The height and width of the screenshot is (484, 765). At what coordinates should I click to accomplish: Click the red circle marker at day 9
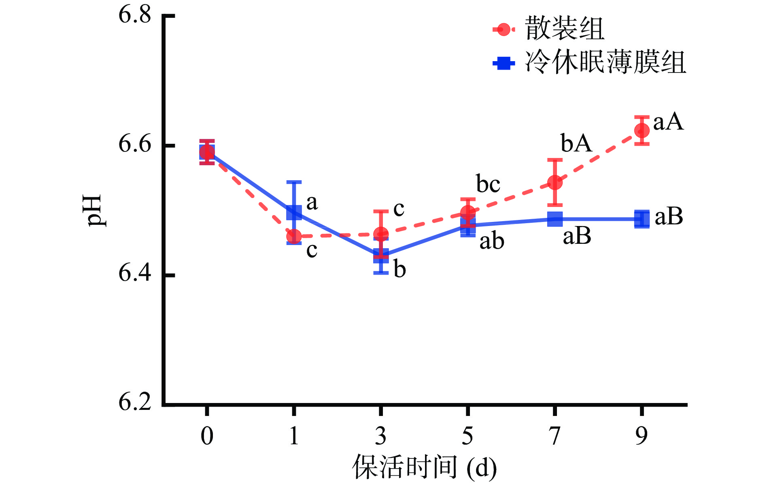pos(642,130)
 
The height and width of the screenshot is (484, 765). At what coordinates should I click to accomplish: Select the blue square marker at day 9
pos(642,219)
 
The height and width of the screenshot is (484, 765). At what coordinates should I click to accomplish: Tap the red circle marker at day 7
pos(555,182)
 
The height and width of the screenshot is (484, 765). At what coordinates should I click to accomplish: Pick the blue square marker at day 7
pos(555,219)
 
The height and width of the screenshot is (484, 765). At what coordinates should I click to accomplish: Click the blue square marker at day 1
pos(294,212)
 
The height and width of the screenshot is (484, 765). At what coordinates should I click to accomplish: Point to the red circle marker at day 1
pos(294,237)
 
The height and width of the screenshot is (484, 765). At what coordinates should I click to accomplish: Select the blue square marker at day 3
pos(381,256)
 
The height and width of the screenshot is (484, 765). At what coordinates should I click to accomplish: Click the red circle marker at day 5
pos(468,212)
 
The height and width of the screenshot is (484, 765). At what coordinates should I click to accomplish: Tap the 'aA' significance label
pos(668,122)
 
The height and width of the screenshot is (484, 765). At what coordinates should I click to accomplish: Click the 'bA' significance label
pos(576,143)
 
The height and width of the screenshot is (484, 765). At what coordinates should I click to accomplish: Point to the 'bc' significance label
pos(488,184)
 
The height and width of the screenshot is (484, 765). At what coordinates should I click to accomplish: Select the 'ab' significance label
pos(492,241)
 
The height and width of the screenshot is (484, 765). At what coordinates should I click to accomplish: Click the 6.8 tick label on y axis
pos(134,15)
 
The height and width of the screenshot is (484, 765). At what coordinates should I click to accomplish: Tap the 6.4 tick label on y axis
pos(134,273)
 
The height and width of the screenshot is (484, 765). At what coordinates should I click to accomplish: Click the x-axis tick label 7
pos(555,436)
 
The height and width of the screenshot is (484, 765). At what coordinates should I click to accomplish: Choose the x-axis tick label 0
pos(207,436)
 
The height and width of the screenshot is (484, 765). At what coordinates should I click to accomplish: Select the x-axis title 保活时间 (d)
pos(424,467)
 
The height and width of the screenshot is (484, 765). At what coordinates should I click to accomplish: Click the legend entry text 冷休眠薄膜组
pos(605,63)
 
